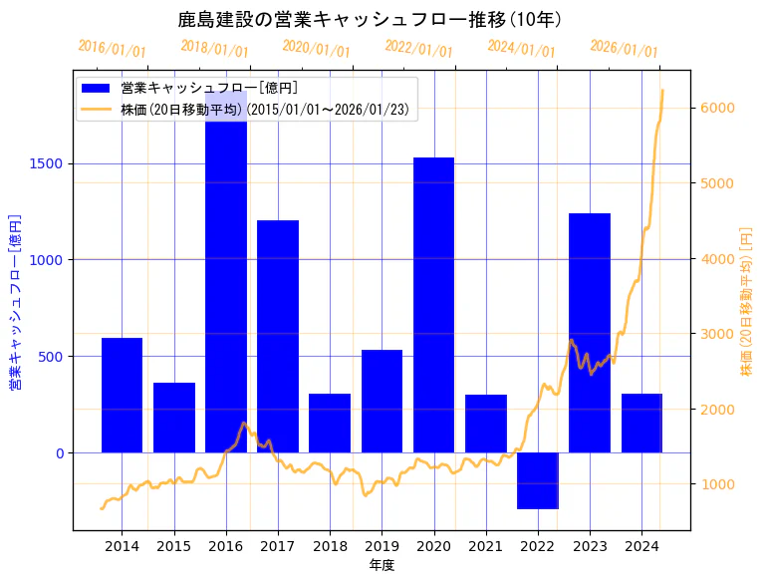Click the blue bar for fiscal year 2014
[122, 395]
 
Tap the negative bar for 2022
[538, 480]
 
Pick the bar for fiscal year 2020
[433, 305]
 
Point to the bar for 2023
[590, 333]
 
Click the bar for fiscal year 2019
[382, 401]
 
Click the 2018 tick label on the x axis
[330, 546]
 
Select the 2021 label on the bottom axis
[485, 546]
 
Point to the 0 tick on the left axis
[59, 452]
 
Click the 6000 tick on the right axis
[718, 108]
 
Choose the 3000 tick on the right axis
[718, 333]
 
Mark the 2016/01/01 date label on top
[112, 49]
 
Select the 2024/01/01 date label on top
[521, 49]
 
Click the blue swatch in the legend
[98, 88]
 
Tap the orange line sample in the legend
[98, 109]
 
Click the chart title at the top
[370, 19]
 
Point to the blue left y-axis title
[16, 301]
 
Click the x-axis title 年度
[382, 565]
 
